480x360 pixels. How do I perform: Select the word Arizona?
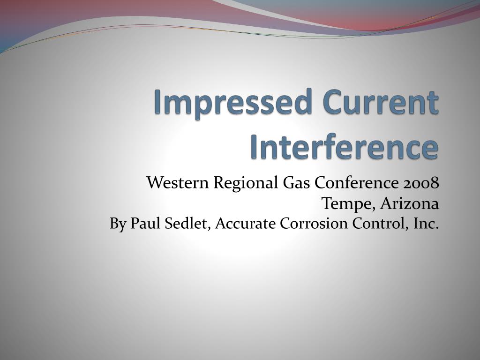(x=410, y=203)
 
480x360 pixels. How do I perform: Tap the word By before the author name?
(x=118, y=225)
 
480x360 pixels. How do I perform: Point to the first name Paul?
(x=145, y=224)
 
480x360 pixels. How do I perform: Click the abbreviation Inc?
(x=426, y=224)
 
